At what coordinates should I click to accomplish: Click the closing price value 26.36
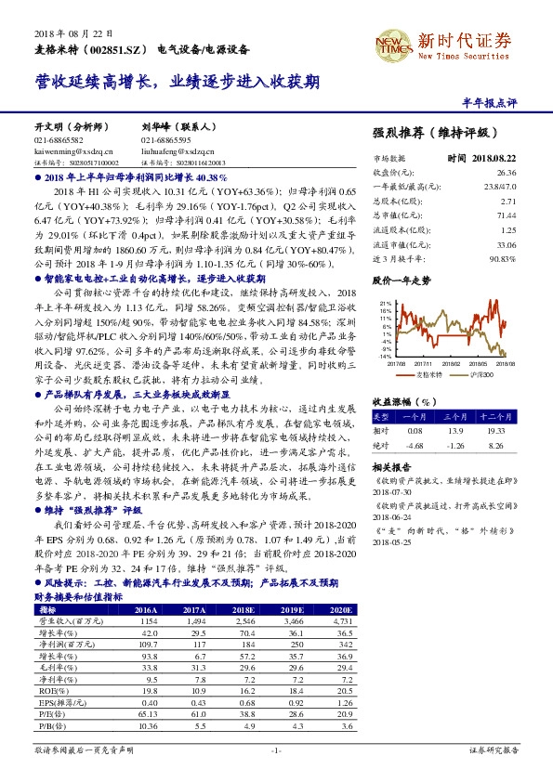pyautogui.click(x=506, y=173)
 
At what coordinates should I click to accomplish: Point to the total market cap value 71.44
pyautogui.click(x=506, y=214)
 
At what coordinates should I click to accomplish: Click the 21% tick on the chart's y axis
pyautogui.click(x=383, y=302)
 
